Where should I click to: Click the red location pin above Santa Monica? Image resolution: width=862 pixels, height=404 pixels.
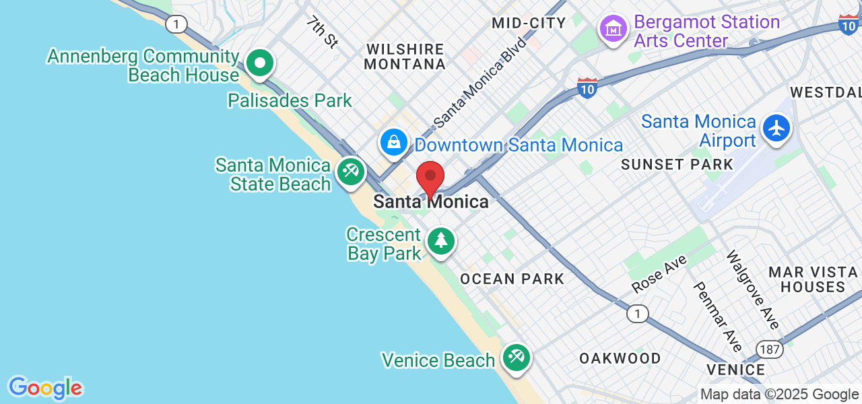tap(430, 177)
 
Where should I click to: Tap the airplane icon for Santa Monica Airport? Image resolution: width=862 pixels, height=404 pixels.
tap(776, 128)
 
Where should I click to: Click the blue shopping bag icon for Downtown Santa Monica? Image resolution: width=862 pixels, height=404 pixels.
tap(393, 141)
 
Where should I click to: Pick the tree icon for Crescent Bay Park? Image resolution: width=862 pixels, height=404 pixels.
tap(441, 241)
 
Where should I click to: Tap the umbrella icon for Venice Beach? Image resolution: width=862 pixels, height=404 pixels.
tap(517, 357)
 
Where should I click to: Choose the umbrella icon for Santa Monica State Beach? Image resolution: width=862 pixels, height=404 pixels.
tap(350, 171)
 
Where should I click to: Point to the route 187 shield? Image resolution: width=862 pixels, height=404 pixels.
tap(768, 349)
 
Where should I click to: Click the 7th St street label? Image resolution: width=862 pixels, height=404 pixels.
tap(321, 32)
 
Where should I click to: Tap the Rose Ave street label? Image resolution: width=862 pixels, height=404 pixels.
tap(659, 274)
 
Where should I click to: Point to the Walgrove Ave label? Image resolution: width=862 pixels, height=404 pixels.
tap(752, 290)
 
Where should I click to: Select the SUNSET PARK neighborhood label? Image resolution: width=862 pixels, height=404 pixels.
tap(677, 164)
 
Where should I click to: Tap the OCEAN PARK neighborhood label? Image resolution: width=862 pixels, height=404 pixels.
tap(512, 279)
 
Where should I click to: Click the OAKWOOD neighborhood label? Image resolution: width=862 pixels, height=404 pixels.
tap(620, 358)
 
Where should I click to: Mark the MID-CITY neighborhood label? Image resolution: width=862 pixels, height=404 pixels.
tap(529, 23)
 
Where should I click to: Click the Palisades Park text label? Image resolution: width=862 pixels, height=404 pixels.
tap(290, 101)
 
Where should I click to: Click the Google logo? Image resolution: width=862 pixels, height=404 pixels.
tap(45, 389)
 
